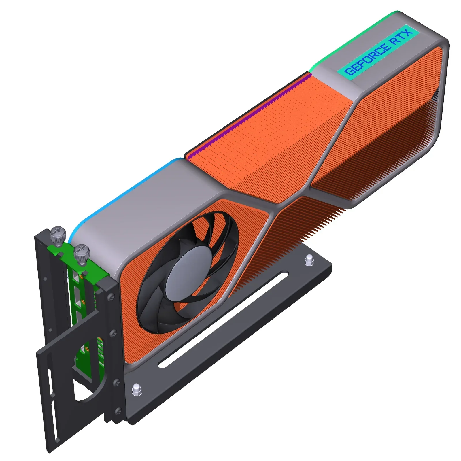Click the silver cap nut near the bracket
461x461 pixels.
coord(136,390)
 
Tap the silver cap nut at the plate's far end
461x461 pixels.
coord(309,260)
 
